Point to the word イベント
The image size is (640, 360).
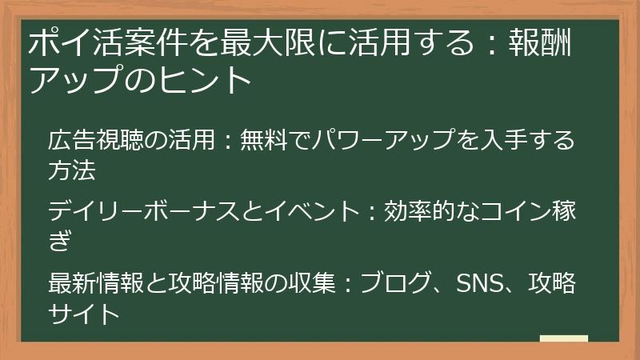point(305,212)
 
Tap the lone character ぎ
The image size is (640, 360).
point(60,241)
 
